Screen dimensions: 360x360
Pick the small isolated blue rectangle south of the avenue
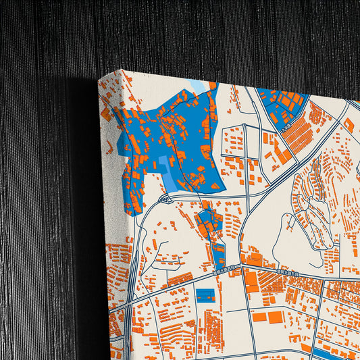pyautogui.click(x=205, y=294)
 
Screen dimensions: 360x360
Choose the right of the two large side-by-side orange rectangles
pyautogui.click(x=276, y=316)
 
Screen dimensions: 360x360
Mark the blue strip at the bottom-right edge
pyautogui.click(x=331, y=353)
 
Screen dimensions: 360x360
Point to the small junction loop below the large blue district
pyautogui.click(x=165, y=198)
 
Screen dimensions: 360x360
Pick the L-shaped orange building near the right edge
pyautogui.click(x=349, y=125)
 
